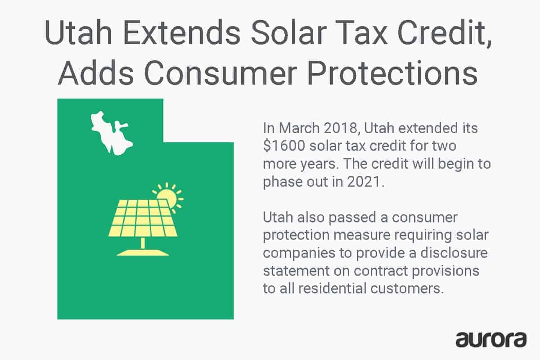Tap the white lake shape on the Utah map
(110, 133)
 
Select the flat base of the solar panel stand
(143, 252)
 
